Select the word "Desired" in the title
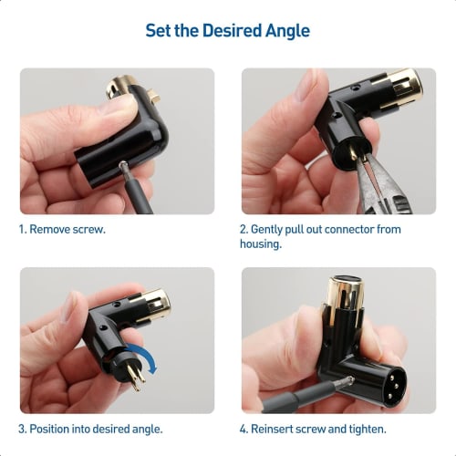coord(222,30)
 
